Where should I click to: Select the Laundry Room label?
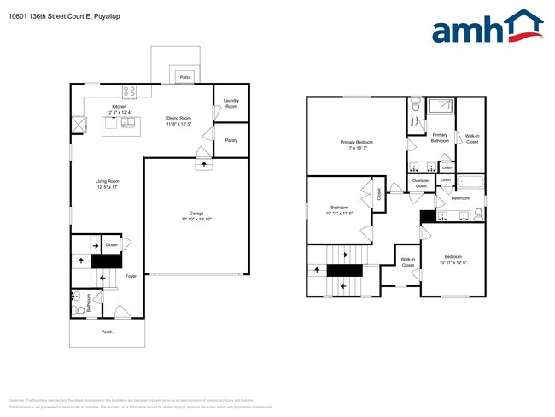pyautogui.click(x=231, y=103)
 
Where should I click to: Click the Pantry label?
pyautogui.click(x=231, y=140)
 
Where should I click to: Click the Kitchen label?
pyautogui.click(x=120, y=107)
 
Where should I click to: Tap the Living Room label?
pyautogui.click(x=107, y=181)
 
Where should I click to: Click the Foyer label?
pyautogui.click(x=131, y=276)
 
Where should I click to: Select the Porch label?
pyautogui.click(x=107, y=332)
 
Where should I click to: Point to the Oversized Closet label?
pyautogui.click(x=421, y=183)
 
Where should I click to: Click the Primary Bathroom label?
pyautogui.click(x=440, y=137)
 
